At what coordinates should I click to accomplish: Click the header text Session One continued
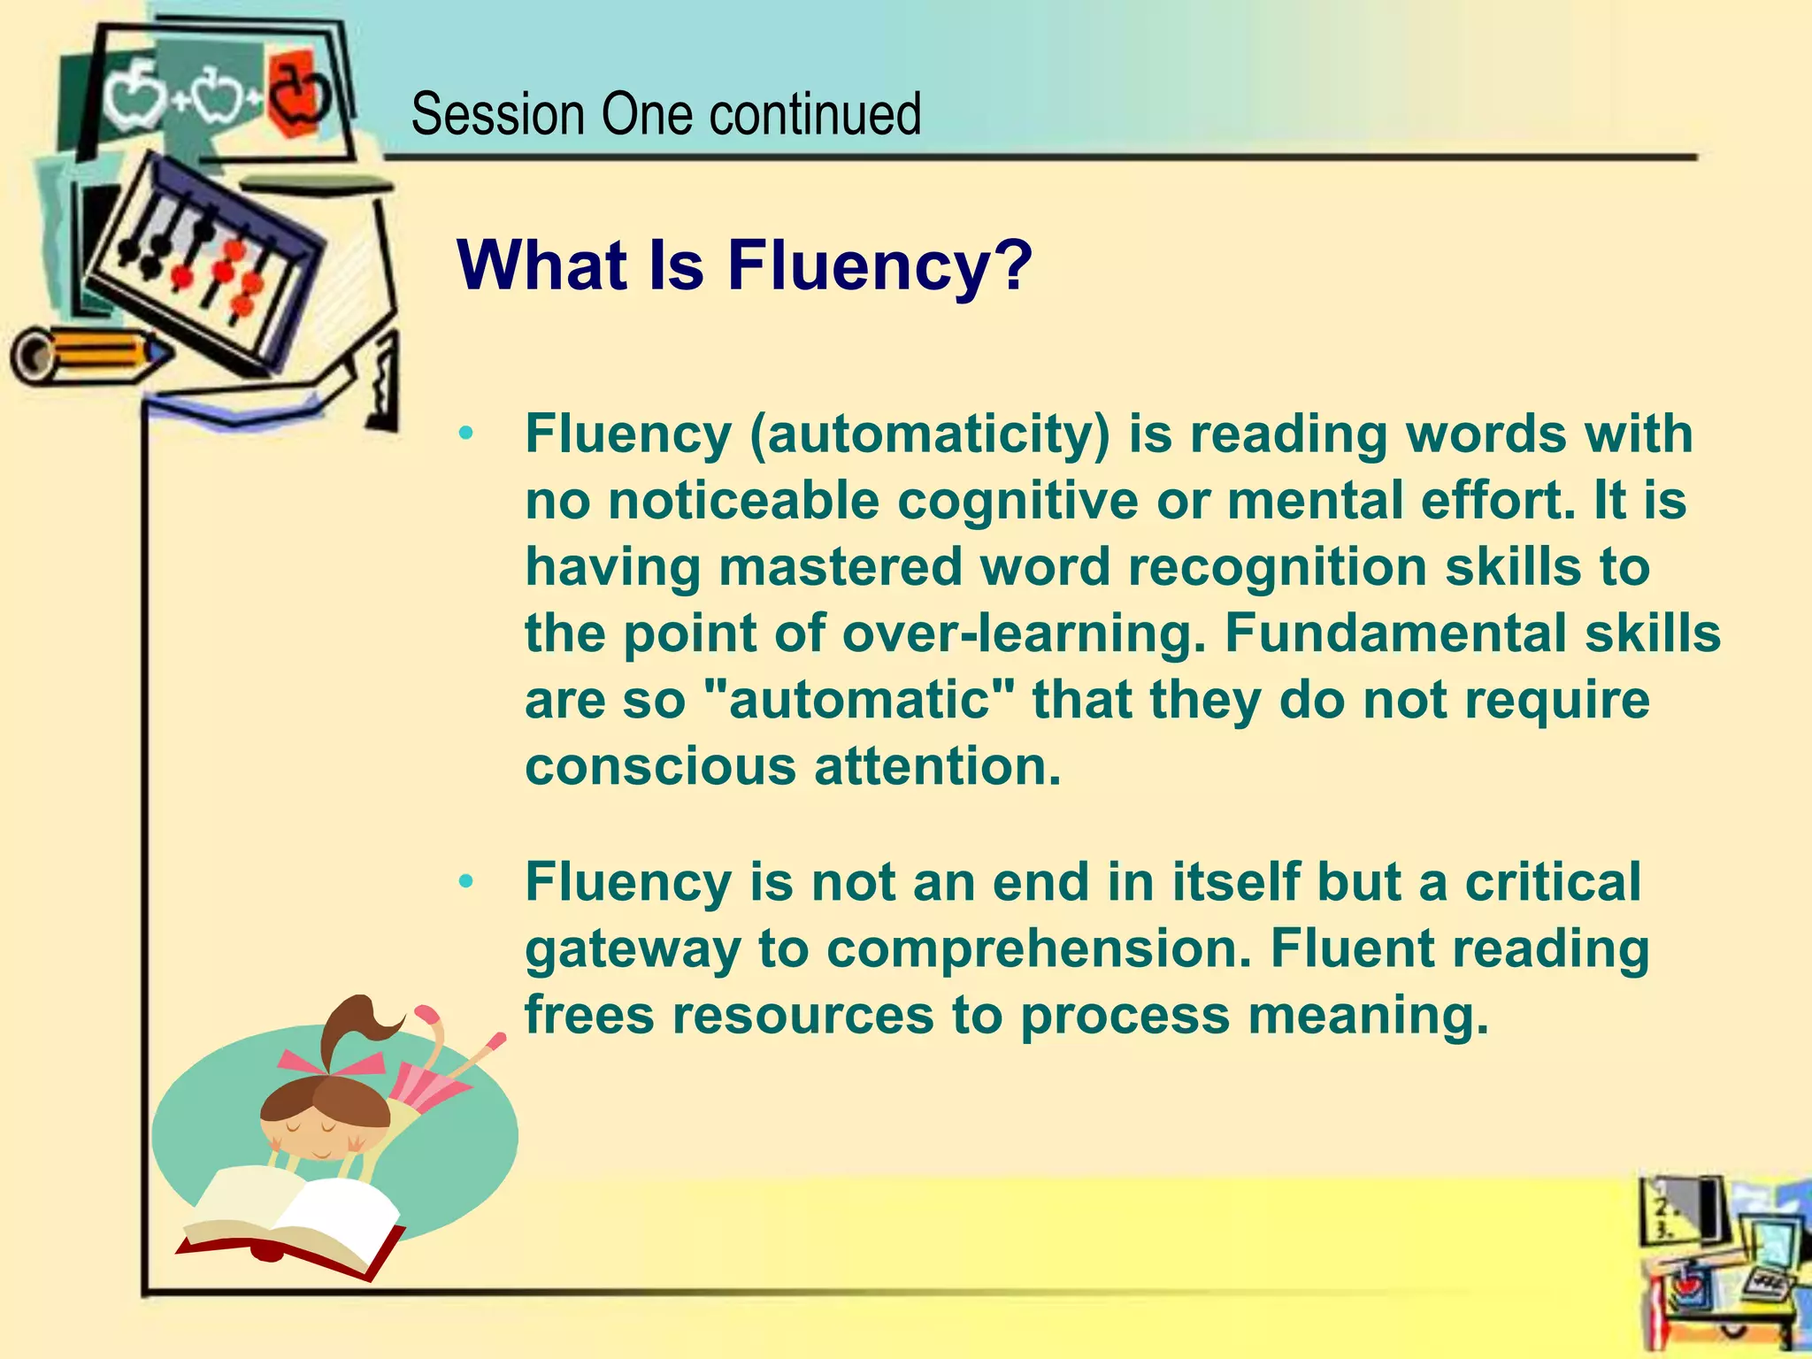[x=665, y=115]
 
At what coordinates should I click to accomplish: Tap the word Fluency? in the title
[x=879, y=265]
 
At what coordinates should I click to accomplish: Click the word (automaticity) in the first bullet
[x=928, y=435]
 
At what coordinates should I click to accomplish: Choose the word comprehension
[x=1039, y=950]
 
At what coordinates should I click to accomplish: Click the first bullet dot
[x=466, y=434]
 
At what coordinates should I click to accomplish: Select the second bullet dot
[x=466, y=882]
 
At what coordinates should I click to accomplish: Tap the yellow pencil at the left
[x=88, y=354]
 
